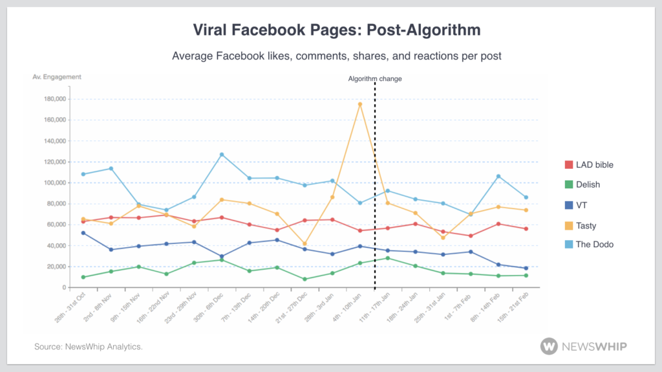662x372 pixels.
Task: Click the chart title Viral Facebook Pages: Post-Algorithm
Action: click(x=337, y=30)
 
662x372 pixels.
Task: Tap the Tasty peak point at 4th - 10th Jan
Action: click(x=360, y=104)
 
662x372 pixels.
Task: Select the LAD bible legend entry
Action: click(x=589, y=164)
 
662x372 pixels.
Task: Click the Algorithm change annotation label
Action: click(x=375, y=79)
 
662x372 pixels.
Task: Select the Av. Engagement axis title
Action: click(x=57, y=77)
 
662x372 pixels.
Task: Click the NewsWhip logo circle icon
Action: click(x=549, y=346)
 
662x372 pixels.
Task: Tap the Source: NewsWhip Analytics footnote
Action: click(x=89, y=347)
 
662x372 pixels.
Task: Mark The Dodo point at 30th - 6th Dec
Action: click(x=222, y=155)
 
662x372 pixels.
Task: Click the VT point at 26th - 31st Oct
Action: click(x=83, y=233)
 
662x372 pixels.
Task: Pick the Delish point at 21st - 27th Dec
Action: click(x=304, y=279)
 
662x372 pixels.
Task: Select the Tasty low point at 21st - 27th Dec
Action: click(x=304, y=244)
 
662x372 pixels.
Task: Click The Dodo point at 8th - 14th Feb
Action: click(x=498, y=176)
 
